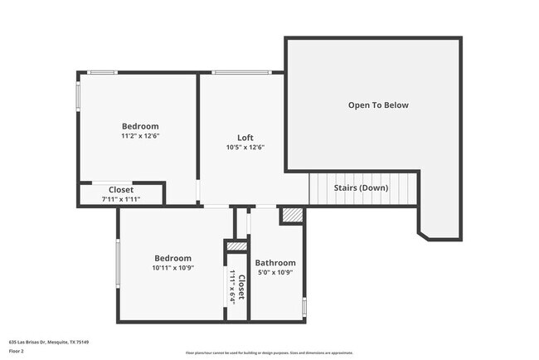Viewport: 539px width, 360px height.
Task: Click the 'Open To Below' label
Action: click(378, 105)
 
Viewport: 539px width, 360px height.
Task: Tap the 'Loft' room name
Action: click(245, 138)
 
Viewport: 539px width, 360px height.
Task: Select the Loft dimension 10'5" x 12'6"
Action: click(245, 148)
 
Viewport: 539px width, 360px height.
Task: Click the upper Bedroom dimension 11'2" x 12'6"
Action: click(139, 135)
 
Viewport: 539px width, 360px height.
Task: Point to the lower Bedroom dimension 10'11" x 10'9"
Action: click(172, 268)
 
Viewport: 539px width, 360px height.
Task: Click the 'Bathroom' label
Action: click(274, 263)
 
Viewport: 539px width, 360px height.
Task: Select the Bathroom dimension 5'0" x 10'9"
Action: click(274, 272)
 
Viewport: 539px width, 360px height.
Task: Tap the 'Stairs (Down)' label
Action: click(361, 187)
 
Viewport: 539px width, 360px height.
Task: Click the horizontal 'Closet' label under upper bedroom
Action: click(121, 190)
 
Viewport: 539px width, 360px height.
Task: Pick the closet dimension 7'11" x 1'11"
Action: click(121, 199)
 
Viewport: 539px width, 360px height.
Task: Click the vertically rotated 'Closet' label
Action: click(241, 287)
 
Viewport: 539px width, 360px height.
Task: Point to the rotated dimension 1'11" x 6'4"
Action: click(233, 287)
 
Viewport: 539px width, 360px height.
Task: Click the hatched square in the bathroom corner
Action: click(292, 216)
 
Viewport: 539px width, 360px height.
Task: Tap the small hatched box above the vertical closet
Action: click(236, 246)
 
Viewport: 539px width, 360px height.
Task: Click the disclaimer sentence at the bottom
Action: click(269, 352)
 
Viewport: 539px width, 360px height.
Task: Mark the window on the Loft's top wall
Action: click(240, 73)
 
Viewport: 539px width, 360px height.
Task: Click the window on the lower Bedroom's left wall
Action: click(118, 264)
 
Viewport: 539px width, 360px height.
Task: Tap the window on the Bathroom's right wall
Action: click(304, 307)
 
